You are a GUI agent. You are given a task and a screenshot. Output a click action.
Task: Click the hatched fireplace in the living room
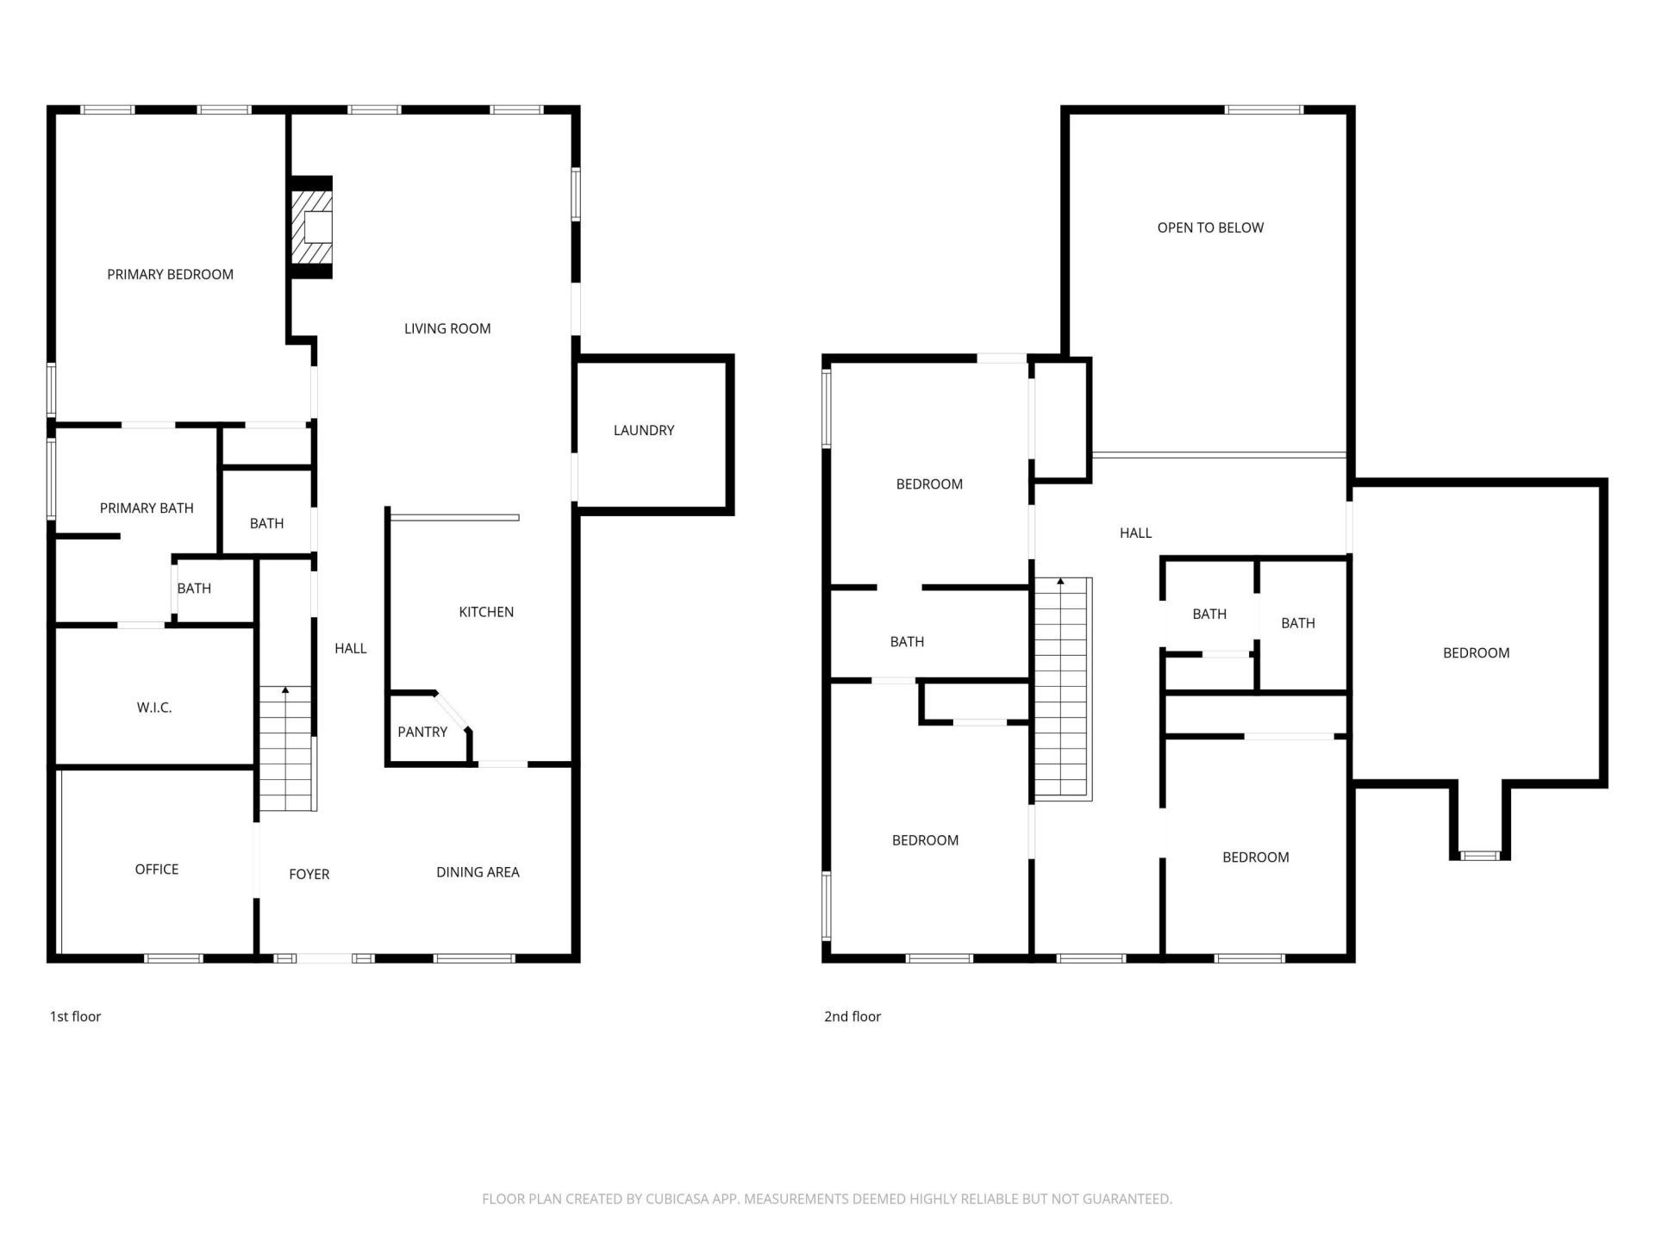[x=311, y=228]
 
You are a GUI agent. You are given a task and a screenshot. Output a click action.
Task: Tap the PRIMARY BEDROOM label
[x=170, y=274]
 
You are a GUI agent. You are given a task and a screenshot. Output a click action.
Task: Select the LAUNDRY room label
[x=643, y=430]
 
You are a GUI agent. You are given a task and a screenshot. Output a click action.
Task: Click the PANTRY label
[x=422, y=732]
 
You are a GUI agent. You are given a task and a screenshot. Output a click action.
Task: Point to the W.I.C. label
[x=154, y=708]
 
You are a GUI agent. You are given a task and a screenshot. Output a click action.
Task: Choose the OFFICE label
[x=157, y=869]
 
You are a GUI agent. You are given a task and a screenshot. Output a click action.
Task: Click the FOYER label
[x=309, y=874]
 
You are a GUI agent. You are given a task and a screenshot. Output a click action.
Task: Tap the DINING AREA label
[x=478, y=872]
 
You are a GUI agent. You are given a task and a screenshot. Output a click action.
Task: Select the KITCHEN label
[x=486, y=612]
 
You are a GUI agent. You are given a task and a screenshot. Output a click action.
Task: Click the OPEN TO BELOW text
[x=1210, y=228]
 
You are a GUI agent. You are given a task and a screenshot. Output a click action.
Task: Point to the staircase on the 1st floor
[x=286, y=750]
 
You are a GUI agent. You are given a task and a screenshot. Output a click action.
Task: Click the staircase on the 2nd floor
[x=1062, y=689]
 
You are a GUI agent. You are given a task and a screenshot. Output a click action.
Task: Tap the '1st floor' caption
[x=75, y=1016]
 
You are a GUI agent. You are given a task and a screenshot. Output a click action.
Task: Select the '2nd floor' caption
[x=852, y=1016]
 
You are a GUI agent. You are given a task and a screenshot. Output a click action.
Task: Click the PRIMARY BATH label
[x=147, y=508]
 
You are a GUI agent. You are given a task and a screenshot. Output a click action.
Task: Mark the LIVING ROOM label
[x=447, y=328]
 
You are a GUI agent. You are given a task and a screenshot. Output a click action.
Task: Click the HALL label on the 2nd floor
[x=1135, y=533]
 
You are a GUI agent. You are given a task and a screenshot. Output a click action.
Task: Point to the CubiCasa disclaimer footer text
[x=827, y=1199]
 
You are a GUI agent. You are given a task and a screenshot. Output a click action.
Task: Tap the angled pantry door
[x=452, y=710]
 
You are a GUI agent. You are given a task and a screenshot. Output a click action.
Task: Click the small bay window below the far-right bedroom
[x=1480, y=855]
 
